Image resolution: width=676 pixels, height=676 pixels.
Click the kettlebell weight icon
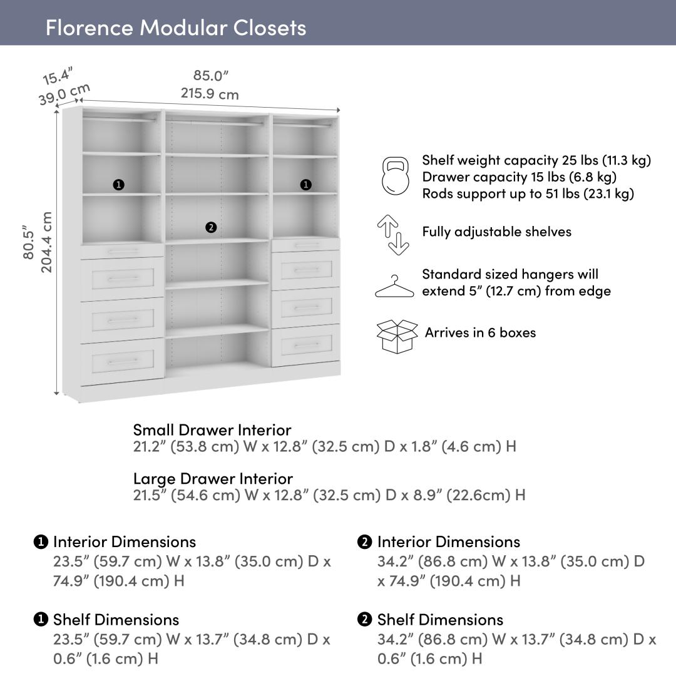pyautogui.click(x=395, y=177)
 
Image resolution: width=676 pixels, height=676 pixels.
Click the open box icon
pyautogui.click(x=397, y=335)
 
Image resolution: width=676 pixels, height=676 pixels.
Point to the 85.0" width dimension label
pyautogui.click(x=211, y=76)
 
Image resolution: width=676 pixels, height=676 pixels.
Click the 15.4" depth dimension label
pyautogui.click(x=58, y=76)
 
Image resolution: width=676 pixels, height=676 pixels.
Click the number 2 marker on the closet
pyautogui.click(x=211, y=227)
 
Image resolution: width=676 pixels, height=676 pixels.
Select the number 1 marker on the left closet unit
pyautogui.click(x=118, y=185)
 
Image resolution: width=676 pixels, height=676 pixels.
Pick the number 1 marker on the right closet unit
pyautogui.click(x=305, y=185)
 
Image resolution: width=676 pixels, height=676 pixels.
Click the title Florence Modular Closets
pyautogui.click(x=176, y=28)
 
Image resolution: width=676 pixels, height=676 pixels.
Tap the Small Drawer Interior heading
pyautogui.click(x=212, y=430)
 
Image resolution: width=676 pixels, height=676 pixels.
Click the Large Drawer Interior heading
pyautogui.click(x=213, y=479)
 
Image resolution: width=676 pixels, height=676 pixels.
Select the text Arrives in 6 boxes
pyautogui.click(x=480, y=332)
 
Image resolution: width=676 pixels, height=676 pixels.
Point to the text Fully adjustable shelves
pyautogui.click(x=496, y=232)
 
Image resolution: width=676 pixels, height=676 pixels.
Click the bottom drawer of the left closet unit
pyautogui.click(x=123, y=361)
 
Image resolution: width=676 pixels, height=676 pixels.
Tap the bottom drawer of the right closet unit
pyautogui.click(x=306, y=345)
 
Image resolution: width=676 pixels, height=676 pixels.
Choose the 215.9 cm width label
pyautogui.click(x=210, y=94)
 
